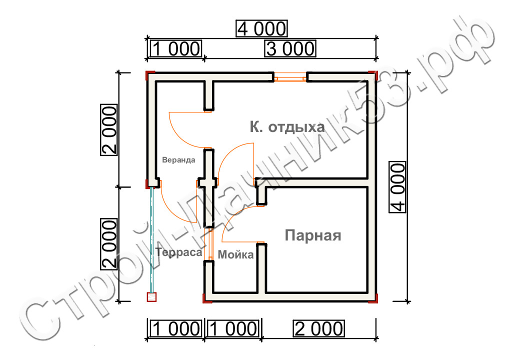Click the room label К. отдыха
(287, 127)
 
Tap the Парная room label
(313, 235)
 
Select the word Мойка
(235, 254)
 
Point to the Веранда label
(178, 159)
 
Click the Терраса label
(179, 252)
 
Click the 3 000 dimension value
(290, 48)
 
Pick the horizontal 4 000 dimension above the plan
(261, 28)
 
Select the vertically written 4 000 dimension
(397, 187)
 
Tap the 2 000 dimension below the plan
(319, 328)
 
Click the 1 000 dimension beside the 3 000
(176, 48)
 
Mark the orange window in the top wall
(290, 78)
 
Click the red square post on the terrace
(151, 297)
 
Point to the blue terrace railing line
(151, 240)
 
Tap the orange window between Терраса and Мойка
(210, 244)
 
